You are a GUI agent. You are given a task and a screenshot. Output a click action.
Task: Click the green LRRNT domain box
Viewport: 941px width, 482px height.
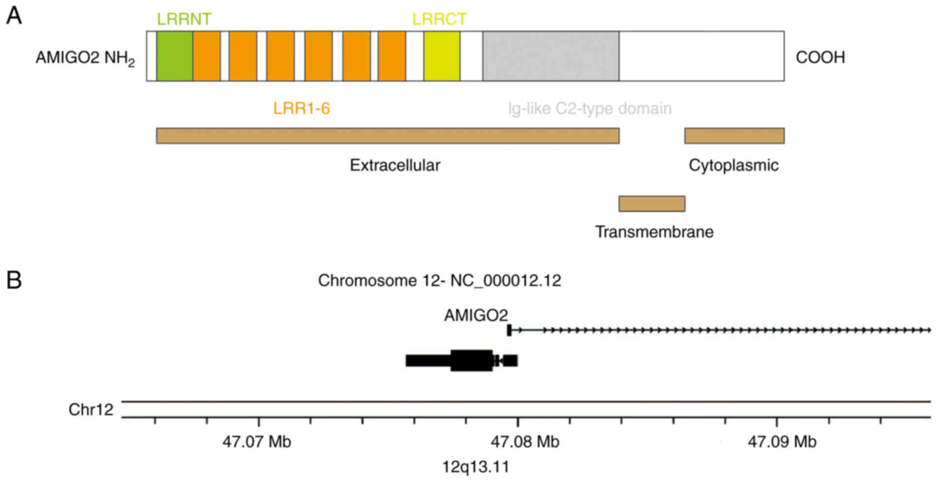coord(175,56)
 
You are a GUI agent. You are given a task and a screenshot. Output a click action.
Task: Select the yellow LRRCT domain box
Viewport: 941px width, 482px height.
coord(442,56)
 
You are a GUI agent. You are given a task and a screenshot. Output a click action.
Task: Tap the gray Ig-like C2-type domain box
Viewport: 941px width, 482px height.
coord(550,56)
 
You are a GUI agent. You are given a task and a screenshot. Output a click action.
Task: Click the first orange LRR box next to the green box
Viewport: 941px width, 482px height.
coord(207,56)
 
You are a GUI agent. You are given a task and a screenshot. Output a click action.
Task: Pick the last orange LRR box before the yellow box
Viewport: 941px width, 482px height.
coord(392,56)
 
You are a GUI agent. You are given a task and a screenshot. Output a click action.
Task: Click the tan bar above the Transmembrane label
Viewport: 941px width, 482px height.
coord(652,203)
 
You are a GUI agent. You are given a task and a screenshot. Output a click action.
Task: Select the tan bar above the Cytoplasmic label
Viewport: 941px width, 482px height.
coord(734,135)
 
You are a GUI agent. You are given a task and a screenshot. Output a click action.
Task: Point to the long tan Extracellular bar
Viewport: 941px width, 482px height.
coord(388,135)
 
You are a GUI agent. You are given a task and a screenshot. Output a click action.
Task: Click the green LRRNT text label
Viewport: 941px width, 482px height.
coord(184,19)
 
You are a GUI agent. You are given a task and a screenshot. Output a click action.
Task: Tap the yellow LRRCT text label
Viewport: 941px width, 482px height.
coord(439,19)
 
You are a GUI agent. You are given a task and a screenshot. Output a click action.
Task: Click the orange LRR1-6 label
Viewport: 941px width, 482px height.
coord(302,108)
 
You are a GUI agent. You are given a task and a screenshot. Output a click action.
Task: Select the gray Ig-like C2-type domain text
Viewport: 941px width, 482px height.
coord(590,108)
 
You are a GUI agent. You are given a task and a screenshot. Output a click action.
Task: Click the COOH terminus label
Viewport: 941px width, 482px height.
coord(820,58)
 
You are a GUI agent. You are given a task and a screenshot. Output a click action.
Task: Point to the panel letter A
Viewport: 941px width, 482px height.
coord(14,16)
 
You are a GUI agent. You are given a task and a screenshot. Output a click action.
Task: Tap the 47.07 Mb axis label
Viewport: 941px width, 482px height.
coord(256,442)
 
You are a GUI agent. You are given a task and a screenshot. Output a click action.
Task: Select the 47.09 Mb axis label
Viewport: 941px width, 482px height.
coord(782,442)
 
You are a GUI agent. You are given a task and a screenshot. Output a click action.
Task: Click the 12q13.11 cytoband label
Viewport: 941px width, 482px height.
coord(476,466)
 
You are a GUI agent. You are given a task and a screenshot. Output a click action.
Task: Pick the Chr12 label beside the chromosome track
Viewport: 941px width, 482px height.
coord(91,410)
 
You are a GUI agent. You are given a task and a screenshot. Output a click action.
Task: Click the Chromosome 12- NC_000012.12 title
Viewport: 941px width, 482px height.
coord(439,281)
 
